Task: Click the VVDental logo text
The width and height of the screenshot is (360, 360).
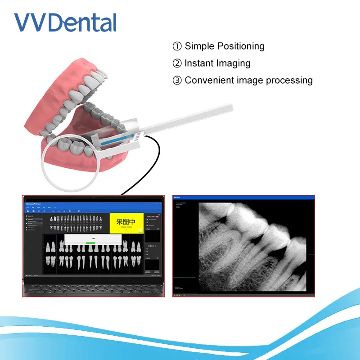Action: point(65,22)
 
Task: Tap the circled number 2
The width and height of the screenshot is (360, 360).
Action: point(177,63)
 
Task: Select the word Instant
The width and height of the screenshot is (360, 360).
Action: point(200,63)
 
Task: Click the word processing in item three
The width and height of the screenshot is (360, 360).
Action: point(289,81)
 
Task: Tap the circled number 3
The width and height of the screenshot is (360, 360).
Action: point(177,81)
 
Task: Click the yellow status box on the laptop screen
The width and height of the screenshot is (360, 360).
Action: point(126,222)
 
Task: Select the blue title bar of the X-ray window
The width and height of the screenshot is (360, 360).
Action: point(243,198)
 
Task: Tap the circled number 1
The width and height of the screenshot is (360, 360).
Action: point(177,46)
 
